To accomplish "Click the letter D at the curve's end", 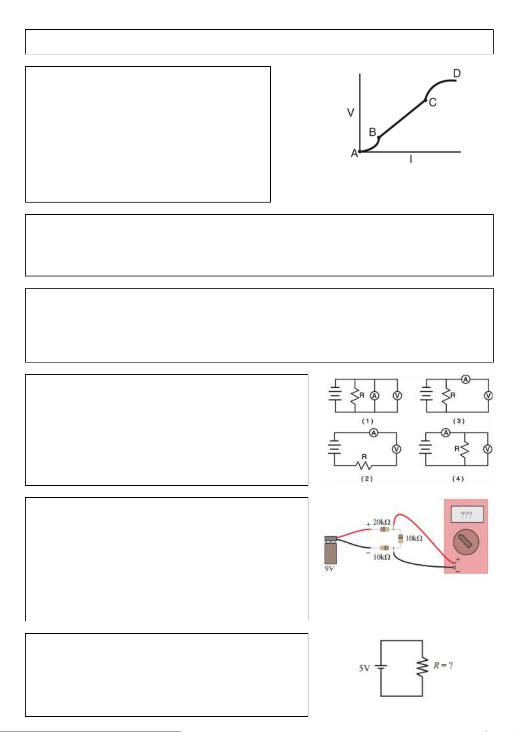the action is click(x=457, y=73).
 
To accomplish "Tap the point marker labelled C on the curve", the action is click(x=425, y=100).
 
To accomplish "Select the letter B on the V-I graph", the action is click(x=372, y=132).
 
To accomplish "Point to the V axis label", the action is click(x=351, y=113).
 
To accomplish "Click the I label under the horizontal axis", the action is click(x=411, y=159).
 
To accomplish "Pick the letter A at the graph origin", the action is click(x=354, y=153).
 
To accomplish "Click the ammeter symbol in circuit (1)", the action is click(x=374, y=396).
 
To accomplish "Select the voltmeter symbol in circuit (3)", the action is click(x=488, y=396).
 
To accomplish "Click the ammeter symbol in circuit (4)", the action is click(x=446, y=433).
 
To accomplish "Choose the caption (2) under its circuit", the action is click(x=367, y=479).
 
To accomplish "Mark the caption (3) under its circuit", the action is click(x=458, y=421).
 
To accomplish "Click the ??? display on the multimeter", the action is click(x=467, y=515).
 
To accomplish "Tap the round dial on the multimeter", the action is click(x=466, y=542).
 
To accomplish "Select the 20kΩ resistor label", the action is click(x=381, y=522).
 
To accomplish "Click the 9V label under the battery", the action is click(x=329, y=568).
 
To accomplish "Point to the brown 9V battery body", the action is click(x=330, y=553).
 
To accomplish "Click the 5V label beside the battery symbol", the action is click(x=364, y=668).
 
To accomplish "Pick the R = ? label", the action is click(x=443, y=665).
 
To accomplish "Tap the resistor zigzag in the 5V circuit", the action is click(x=422, y=667).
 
